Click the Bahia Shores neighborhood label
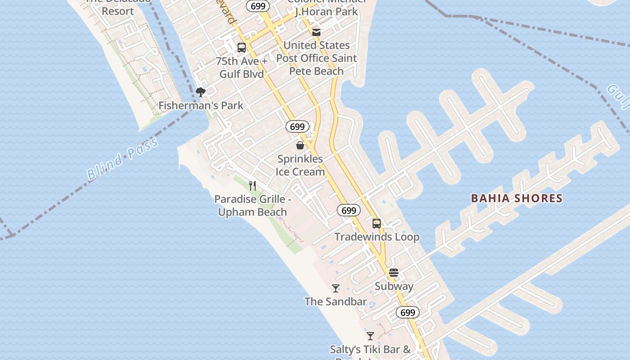(517, 198)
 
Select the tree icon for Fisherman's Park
(201, 92)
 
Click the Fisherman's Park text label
(201, 105)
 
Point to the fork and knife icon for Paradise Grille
(252, 185)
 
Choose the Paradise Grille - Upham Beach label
(252, 205)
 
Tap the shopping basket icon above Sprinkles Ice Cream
(300, 145)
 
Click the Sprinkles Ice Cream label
(300, 165)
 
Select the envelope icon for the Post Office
(316, 32)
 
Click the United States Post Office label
(316, 58)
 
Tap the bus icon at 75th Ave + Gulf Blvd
(242, 48)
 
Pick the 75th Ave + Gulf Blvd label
(242, 67)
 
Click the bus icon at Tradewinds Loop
(377, 223)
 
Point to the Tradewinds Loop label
(377, 237)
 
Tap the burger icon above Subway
(394, 273)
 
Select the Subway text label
(394, 286)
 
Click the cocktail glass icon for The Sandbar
(336, 288)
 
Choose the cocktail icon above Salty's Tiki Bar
(370, 336)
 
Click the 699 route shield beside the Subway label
(408, 312)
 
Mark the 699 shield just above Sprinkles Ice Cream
(297, 127)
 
